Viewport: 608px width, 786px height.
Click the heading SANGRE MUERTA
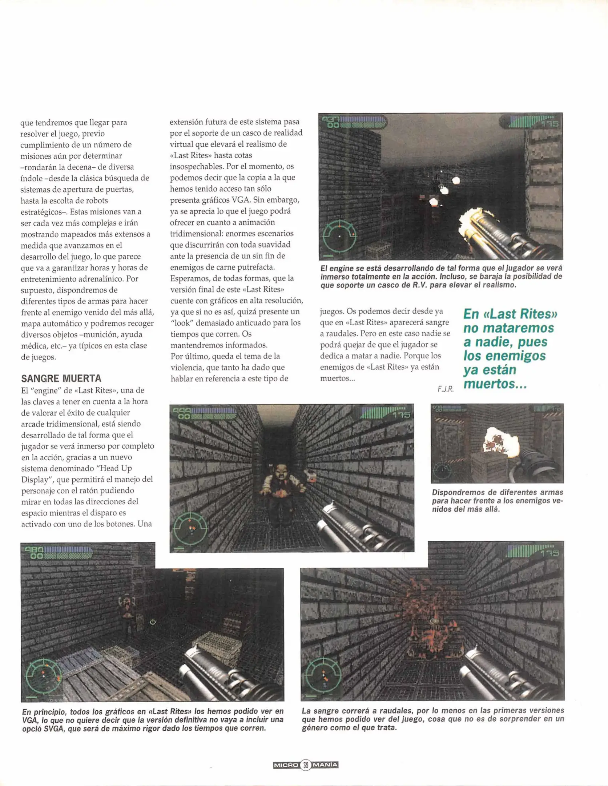tap(61, 378)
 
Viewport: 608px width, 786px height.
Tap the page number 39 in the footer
tap(306, 765)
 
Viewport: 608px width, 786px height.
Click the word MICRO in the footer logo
tap(286, 765)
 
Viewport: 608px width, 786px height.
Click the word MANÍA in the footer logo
tap(325, 765)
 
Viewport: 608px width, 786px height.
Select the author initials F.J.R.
tap(446, 389)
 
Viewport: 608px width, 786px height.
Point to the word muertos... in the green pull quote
tap(495, 384)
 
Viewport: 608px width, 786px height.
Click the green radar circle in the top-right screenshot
tap(339, 236)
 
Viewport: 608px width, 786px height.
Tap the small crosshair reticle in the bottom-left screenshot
tap(153, 622)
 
